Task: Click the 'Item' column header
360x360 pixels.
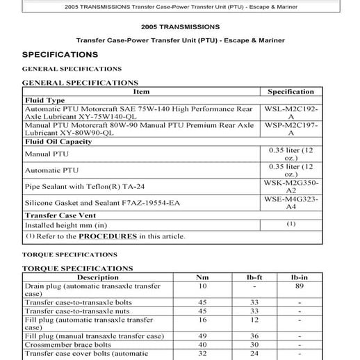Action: (x=141, y=91)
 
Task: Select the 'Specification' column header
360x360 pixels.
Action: (x=291, y=91)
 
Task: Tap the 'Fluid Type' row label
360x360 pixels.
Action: (x=44, y=100)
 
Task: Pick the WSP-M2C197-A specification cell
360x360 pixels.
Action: (x=291, y=130)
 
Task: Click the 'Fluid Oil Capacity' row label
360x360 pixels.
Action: (x=58, y=142)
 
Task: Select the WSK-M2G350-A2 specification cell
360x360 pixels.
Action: (x=291, y=186)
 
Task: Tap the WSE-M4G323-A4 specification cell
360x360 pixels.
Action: (x=291, y=203)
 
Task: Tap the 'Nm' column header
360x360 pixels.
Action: (x=202, y=277)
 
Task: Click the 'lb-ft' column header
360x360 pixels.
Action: (x=254, y=277)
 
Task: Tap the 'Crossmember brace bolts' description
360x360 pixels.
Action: (x=68, y=345)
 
